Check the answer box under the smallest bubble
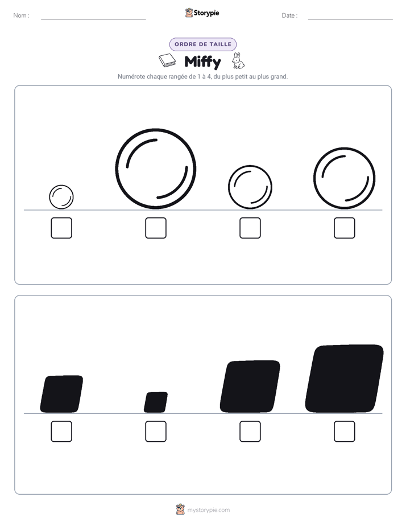(61, 228)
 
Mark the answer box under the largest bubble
(156, 228)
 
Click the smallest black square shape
(156, 402)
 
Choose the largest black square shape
(345, 379)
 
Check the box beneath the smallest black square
(156, 432)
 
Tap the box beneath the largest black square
(345, 432)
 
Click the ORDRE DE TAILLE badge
(203, 44)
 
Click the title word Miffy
(202, 62)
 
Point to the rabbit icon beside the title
(238, 61)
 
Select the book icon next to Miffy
(167, 60)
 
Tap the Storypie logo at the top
(202, 13)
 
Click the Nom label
(22, 15)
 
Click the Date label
(289, 15)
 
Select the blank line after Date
(350, 19)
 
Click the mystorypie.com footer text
(208, 510)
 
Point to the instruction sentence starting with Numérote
(202, 76)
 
